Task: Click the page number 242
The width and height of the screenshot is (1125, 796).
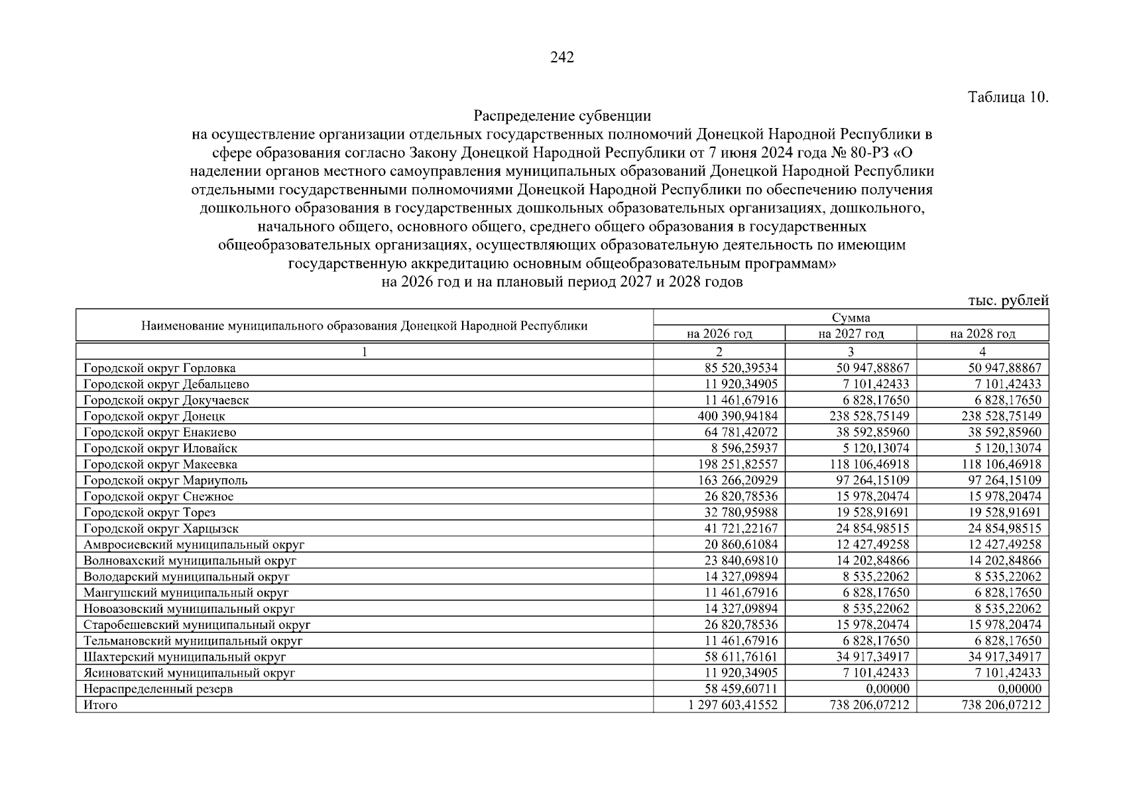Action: click(x=562, y=58)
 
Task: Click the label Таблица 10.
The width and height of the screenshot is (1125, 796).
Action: click(x=1008, y=98)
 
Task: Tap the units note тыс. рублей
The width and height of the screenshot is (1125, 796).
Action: click(x=1008, y=300)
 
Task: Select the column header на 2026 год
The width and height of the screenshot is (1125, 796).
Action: click(x=719, y=334)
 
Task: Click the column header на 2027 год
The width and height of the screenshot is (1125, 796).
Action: click(x=851, y=334)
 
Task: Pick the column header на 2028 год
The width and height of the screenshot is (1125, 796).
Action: click(x=982, y=334)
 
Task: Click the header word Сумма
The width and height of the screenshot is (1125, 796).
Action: click(x=851, y=318)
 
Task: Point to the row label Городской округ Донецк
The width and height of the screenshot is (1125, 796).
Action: click(x=154, y=417)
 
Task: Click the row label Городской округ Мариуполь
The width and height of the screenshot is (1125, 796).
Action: click(x=166, y=480)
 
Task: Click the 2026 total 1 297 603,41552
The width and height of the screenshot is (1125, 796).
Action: click(x=733, y=705)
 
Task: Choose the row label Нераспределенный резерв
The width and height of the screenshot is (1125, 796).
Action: click(x=158, y=689)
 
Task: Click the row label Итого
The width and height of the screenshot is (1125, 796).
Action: click(x=101, y=705)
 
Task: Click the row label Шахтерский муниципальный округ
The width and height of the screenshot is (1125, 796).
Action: click(x=185, y=657)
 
